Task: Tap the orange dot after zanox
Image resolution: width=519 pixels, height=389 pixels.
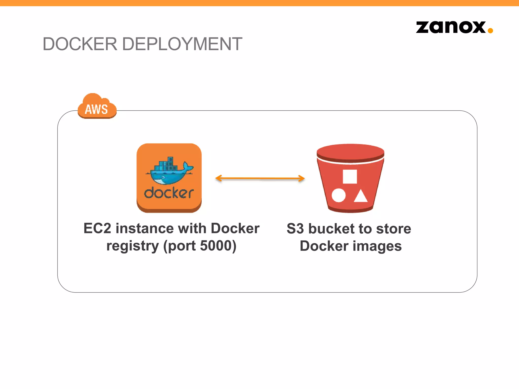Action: (490, 31)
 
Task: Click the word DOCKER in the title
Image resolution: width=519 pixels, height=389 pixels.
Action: (80, 44)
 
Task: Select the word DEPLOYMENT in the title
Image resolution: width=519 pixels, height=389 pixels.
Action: (182, 44)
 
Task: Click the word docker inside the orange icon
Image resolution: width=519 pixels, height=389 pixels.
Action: (169, 193)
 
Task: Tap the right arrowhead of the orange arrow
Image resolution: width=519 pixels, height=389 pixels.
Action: (301, 178)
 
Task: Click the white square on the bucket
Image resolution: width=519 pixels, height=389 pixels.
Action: (350, 177)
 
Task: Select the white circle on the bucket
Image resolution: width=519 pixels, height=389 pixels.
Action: (339, 195)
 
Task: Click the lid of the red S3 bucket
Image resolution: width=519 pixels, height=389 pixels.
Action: (350, 153)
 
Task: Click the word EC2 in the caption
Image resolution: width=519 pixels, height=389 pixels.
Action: (97, 228)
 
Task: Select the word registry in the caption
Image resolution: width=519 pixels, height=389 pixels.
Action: (133, 246)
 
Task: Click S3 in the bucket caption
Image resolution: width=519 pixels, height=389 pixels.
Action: (295, 229)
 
